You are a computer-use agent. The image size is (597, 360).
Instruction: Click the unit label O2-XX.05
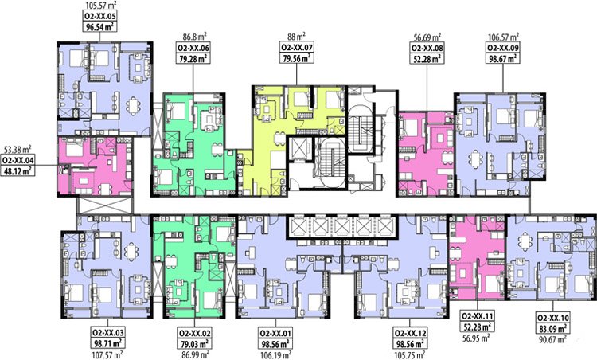point(99,16)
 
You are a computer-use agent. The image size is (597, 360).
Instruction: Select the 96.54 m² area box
point(99,26)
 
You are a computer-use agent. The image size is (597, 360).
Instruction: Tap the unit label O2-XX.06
point(193,48)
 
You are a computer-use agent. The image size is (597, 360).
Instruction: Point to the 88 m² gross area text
point(297,37)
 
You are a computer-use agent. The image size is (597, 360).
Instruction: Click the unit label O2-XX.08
point(427,48)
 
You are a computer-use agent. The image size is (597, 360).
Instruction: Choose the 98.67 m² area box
point(503,58)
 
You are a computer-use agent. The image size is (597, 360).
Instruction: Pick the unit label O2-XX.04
point(18,160)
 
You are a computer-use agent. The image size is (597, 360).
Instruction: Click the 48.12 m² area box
point(18,170)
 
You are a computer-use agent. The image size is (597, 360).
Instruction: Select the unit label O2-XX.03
point(107,332)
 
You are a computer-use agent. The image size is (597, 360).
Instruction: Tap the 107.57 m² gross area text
point(107,355)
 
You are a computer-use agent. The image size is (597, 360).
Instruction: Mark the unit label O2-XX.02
point(194,332)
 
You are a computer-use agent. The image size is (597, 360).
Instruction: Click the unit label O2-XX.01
point(275,334)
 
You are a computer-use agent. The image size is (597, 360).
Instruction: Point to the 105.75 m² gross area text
point(410,355)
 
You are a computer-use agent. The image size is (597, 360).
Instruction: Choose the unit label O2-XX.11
point(477,316)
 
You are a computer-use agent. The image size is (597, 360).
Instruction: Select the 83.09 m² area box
point(553,328)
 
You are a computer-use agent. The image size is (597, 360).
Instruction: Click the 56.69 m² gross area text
point(427,37)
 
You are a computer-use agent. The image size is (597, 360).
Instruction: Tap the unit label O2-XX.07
point(297,48)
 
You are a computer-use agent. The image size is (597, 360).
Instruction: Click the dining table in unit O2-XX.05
point(133,106)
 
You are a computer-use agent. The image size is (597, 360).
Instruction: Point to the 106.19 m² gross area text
point(275,355)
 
